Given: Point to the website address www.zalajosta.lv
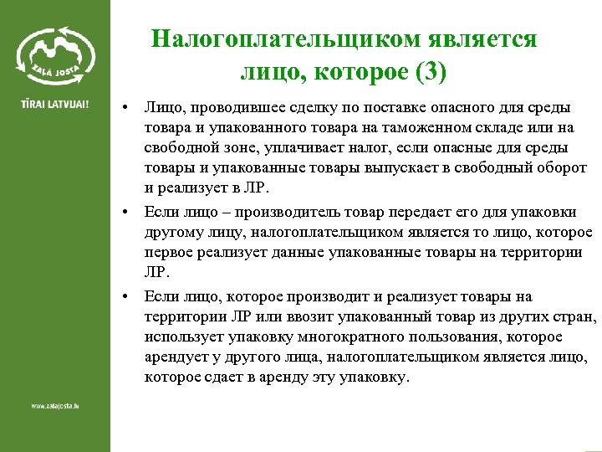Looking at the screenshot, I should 54,406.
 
